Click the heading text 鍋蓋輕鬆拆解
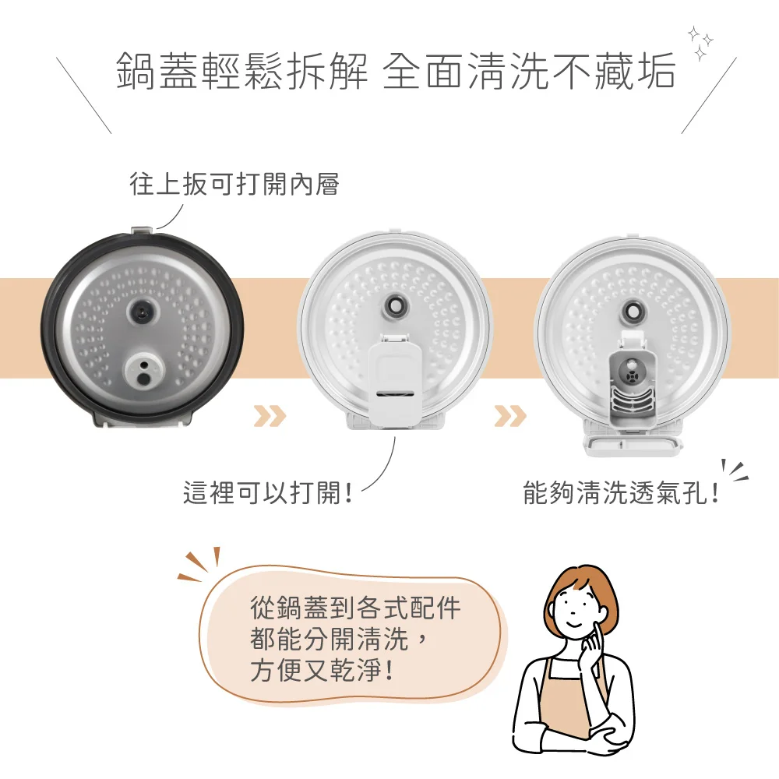click(x=242, y=71)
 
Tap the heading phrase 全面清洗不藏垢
click(x=529, y=71)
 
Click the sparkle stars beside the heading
click(x=700, y=43)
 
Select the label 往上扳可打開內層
click(x=234, y=184)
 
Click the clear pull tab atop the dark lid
click(x=143, y=231)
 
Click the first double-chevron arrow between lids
click(x=270, y=416)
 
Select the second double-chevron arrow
click(x=510, y=416)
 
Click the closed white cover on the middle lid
click(x=396, y=380)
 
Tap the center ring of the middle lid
click(x=395, y=308)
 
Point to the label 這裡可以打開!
click(x=268, y=493)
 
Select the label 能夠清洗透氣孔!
click(x=621, y=493)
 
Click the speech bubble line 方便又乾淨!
click(x=323, y=670)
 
